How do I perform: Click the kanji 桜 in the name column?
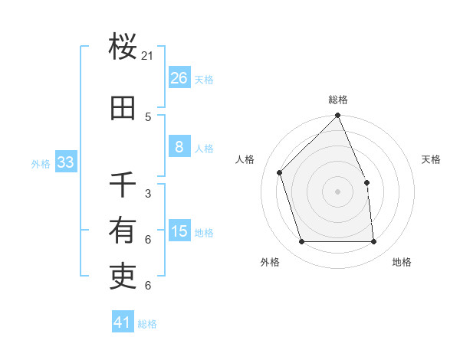tap(123, 47)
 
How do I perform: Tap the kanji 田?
tap(123, 108)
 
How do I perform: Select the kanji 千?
tap(123, 185)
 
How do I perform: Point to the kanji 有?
tap(123, 231)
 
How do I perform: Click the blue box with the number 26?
tap(179, 77)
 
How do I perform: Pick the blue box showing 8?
tap(179, 148)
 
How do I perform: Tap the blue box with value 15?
tap(179, 232)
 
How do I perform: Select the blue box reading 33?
tap(65, 162)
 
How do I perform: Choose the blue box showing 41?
tap(123, 323)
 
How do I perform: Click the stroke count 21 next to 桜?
tap(148, 56)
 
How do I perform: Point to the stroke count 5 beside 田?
tap(148, 117)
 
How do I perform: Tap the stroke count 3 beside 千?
tap(148, 194)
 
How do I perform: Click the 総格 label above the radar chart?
tap(337, 100)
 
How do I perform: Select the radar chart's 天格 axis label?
tap(431, 159)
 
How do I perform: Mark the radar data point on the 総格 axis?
tap(337, 116)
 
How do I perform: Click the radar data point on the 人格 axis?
tap(280, 172)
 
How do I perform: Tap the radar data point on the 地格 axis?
tap(373, 242)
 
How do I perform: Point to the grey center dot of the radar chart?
tap(337, 191)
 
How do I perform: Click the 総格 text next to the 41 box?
tap(147, 324)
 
